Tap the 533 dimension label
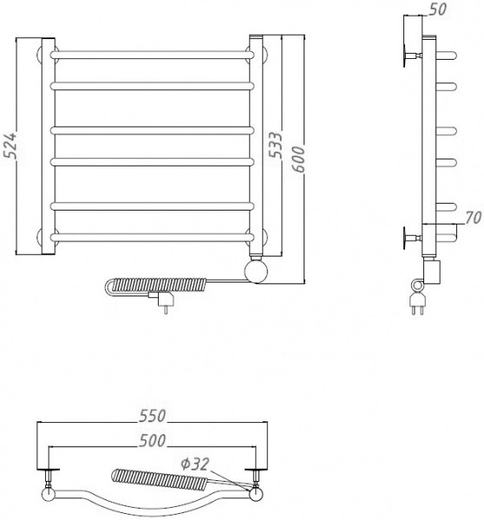coord(275,145)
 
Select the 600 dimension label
coord(298,159)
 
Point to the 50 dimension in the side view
coord(437,10)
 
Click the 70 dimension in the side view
coord(473,218)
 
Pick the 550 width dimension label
coord(152,416)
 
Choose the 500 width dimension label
coord(152,440)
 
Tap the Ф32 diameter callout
coord(195,464)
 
